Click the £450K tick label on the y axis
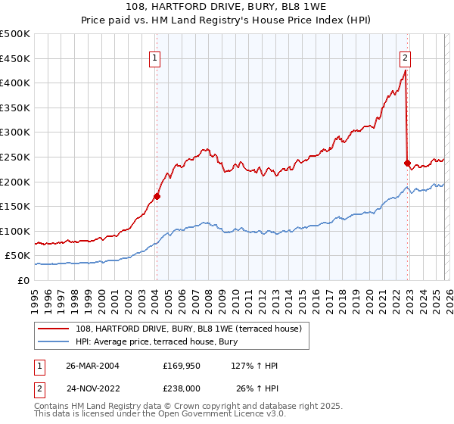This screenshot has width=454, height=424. click(15, 58)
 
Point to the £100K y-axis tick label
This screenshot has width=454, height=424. click(15, 231)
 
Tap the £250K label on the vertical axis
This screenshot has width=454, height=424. click(15, 157)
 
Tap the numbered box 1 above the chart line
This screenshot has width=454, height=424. click(154, 57)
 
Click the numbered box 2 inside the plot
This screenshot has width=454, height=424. click(406, 57)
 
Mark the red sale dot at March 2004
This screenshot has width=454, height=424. click(157, 196)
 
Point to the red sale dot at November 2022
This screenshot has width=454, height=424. click(407, 163)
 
